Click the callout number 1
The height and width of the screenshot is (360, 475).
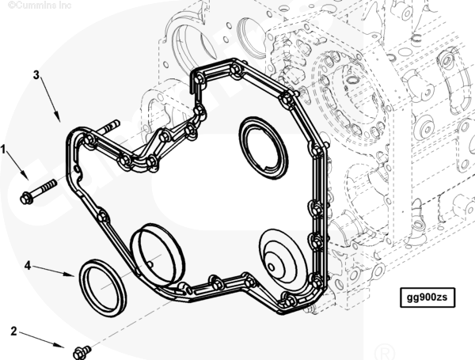(3, 149)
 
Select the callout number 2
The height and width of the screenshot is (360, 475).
(13, 331)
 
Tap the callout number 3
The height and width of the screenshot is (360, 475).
(36, 74)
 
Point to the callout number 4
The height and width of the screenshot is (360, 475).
(28, 266)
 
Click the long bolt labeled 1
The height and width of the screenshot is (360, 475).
(38, 191)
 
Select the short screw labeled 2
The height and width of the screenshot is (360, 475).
(82, 353)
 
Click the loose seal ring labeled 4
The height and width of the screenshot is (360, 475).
(103, 288)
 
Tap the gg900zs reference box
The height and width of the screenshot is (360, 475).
(427, 297)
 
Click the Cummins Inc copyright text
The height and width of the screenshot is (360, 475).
(40, 6)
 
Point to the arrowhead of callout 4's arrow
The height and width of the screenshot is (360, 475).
(70, 275)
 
